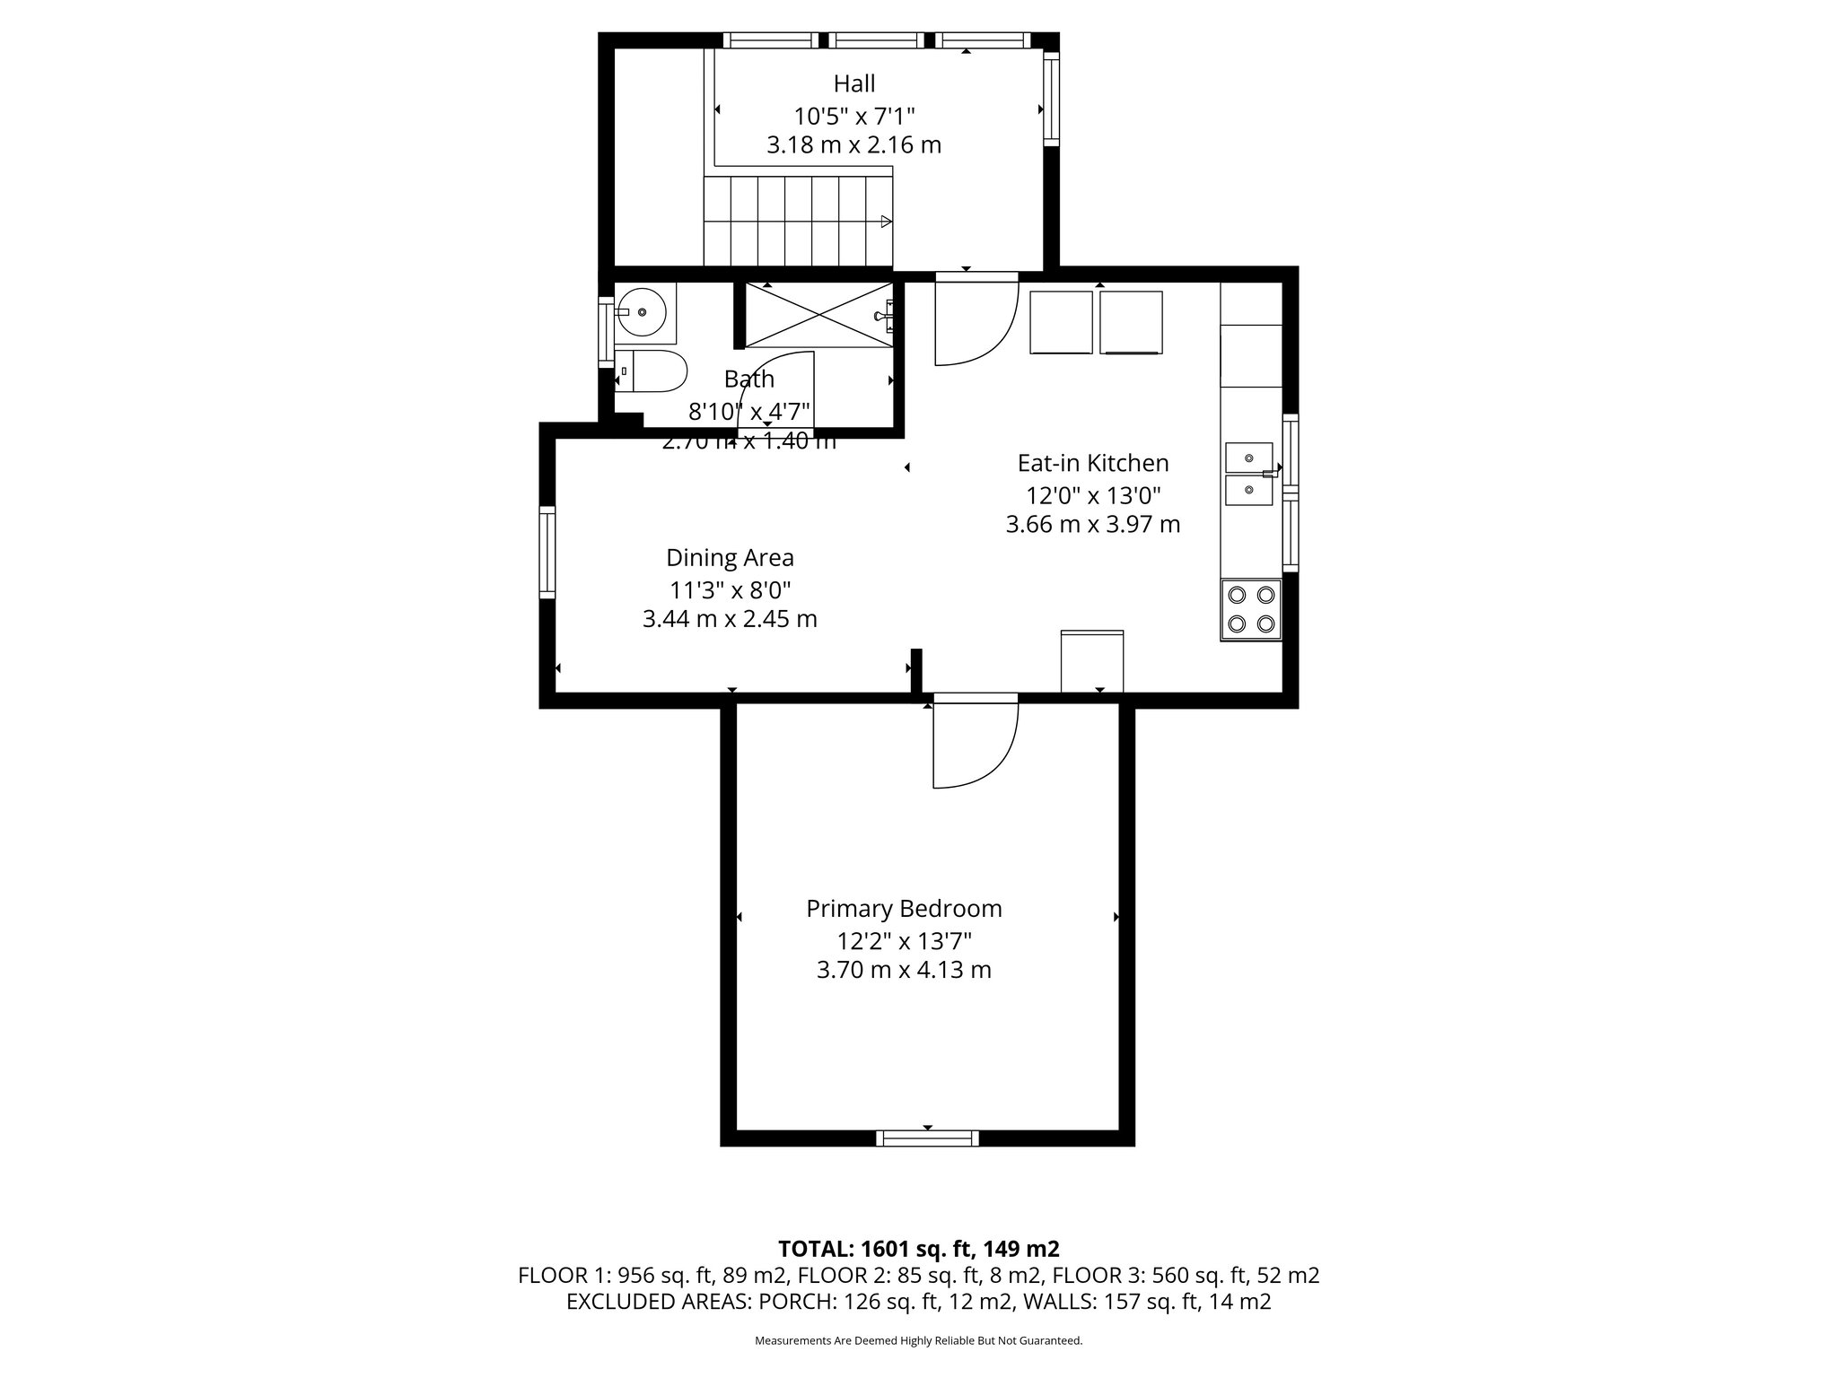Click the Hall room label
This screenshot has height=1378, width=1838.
[x=853, y=83]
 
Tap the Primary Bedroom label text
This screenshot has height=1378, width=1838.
[x=904, y=909]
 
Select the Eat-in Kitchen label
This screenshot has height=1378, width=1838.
[x=1092, y=463]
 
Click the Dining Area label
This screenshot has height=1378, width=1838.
[x=730, y=558]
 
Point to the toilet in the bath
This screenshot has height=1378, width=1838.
[x=652, y=371]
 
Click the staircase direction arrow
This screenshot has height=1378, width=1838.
[x=886, y=222]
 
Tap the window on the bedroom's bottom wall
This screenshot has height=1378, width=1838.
[x=927, y=1138]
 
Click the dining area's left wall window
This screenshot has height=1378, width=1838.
[x=547, y=552]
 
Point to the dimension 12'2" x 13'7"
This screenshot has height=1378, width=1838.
[x=904, y=941]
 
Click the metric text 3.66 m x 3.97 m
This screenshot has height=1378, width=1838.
[x=1092, y=525]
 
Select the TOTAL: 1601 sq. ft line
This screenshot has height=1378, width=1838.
[x=918, y=1249]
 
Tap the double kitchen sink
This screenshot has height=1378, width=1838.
[x=1249, y=474]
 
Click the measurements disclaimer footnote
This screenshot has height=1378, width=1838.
[x=918, y=1340]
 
